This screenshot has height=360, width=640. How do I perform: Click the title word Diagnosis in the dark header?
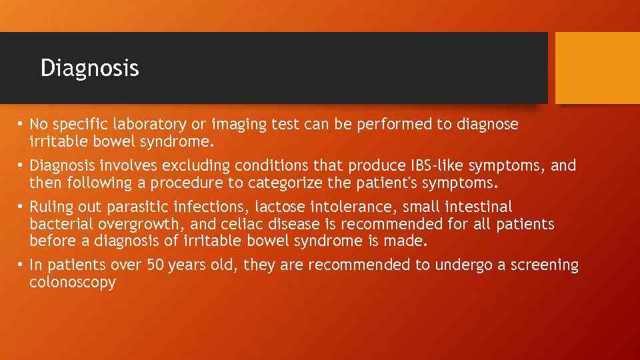coord(89,68)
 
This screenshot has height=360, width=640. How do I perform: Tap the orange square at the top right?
coord(597,68)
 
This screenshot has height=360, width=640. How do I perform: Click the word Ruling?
coord(51,207)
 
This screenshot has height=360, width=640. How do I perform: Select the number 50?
coord(155,265)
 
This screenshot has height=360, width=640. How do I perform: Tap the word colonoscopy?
coord(73,282)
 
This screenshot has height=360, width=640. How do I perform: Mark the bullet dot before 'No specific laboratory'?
coord(21,125)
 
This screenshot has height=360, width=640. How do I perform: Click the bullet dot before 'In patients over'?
coord(21,265)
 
